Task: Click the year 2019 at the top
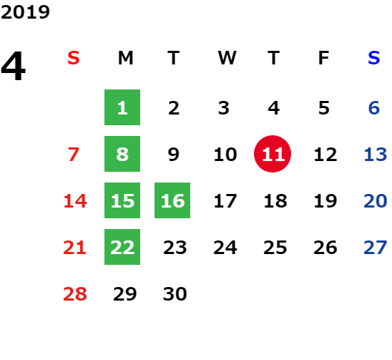[25, 12]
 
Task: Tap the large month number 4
[14, 66]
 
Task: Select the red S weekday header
[74, 58]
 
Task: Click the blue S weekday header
[373, 58]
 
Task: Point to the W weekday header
[227, 58]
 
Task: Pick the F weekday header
[324, 58]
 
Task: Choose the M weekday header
[125, 58]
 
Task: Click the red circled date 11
[273, 154]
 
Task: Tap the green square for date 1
[122, 107]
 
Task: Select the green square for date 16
[172, 200]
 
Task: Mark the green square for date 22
[122, 247]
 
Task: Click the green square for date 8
[122, 154]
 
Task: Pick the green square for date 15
[122, 200]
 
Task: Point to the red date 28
[75, 293]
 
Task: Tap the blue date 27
[376, 248]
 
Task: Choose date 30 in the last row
[175, 293]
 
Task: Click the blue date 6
[374, 108]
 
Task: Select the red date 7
[74, 155]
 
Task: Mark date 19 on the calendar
[325, 201]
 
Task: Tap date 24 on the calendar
[225, 248]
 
